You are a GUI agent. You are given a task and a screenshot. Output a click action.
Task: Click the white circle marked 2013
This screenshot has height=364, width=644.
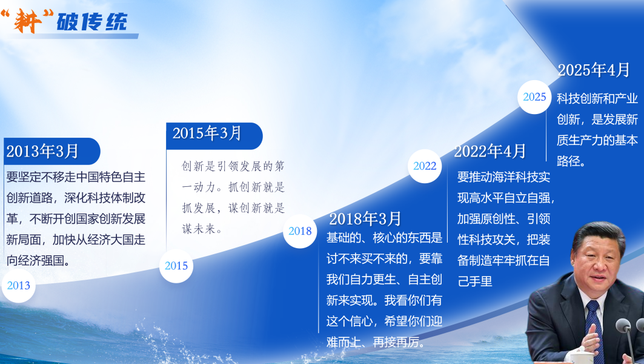tap(19, 286)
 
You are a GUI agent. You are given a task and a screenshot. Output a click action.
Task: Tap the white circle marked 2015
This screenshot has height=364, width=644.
tap(176, 266)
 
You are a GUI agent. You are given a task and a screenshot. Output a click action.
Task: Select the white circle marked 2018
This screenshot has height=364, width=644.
tap(300, 231)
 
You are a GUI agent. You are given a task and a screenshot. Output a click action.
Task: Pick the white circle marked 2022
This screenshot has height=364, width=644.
tap(425, 166)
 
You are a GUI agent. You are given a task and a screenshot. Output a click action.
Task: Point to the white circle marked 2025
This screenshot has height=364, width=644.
tap(534, 97)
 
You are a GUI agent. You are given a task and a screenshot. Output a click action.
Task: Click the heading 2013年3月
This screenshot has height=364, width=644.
tap(42, 151)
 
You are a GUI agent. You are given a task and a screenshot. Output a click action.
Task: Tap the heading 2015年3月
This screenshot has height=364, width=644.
tap(207, 133)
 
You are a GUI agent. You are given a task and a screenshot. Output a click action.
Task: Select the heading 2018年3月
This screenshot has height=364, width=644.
tap(365, 219)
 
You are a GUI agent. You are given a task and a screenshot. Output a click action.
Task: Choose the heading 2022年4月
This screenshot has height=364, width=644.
tap(490, 151)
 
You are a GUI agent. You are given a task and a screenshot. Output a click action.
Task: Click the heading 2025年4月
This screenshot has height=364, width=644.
tap(594, 70)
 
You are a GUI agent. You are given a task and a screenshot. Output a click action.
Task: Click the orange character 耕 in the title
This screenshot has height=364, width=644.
tap(27, 21)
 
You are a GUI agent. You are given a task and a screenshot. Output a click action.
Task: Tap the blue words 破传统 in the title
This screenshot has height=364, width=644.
tap(91, 21)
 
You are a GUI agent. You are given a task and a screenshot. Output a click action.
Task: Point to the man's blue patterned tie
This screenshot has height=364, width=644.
tap(595, 329)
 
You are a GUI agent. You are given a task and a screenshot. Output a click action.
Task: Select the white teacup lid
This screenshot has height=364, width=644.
tap(582, 350)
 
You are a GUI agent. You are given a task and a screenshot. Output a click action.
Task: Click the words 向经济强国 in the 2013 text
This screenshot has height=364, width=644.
tap(35, 260)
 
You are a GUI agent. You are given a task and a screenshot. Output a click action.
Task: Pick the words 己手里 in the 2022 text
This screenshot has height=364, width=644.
tap(475, 281)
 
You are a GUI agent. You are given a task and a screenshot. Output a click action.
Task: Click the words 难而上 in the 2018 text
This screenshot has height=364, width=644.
tap(344, 342)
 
